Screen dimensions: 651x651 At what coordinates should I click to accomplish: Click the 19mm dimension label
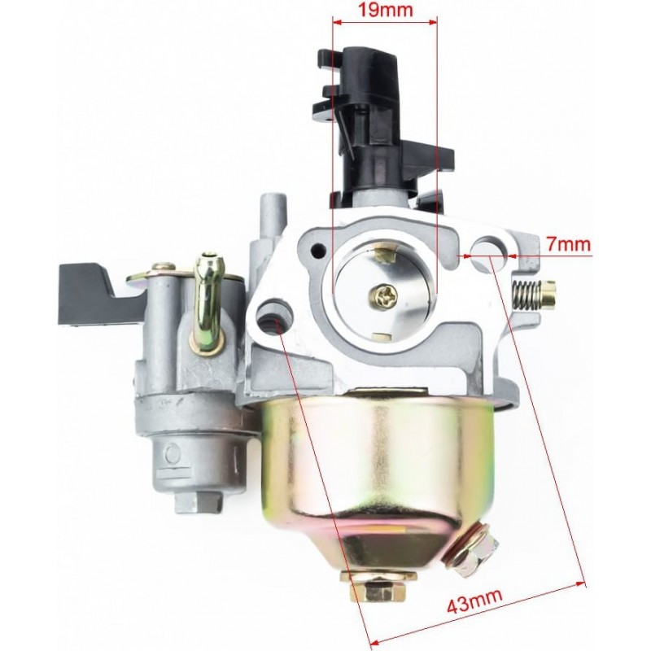coord(385,9)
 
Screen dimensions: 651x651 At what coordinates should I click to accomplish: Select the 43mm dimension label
coord(474,601)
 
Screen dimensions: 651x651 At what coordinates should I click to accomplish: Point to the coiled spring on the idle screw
coord(526,295)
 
